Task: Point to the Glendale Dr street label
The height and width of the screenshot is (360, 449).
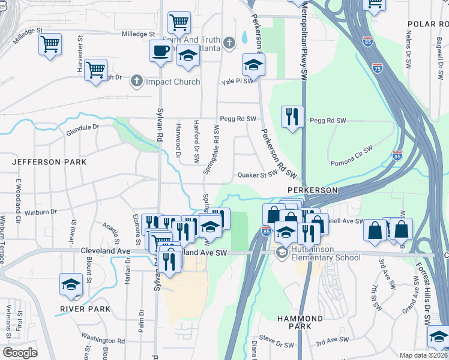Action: tap(82, 127)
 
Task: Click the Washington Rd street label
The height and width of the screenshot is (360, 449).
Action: tap(102, 340)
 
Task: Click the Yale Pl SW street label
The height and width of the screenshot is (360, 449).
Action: tap(237, 81)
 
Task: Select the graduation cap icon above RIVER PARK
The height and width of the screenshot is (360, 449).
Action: tap(71, 284)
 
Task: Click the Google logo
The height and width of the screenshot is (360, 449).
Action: tap(20, 353)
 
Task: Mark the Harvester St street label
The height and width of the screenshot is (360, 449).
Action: tap(80, 58)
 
